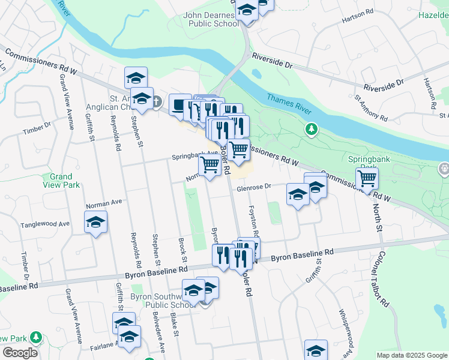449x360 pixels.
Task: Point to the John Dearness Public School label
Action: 213,19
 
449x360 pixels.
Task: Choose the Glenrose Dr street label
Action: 255,188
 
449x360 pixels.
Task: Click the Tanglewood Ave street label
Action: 45,224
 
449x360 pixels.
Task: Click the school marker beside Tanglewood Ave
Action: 96,223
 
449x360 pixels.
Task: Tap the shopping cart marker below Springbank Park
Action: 367,178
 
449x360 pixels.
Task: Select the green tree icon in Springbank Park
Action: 312,128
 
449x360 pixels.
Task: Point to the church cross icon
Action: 156,101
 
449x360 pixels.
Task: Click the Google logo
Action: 20,353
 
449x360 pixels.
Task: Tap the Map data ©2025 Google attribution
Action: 412,355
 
